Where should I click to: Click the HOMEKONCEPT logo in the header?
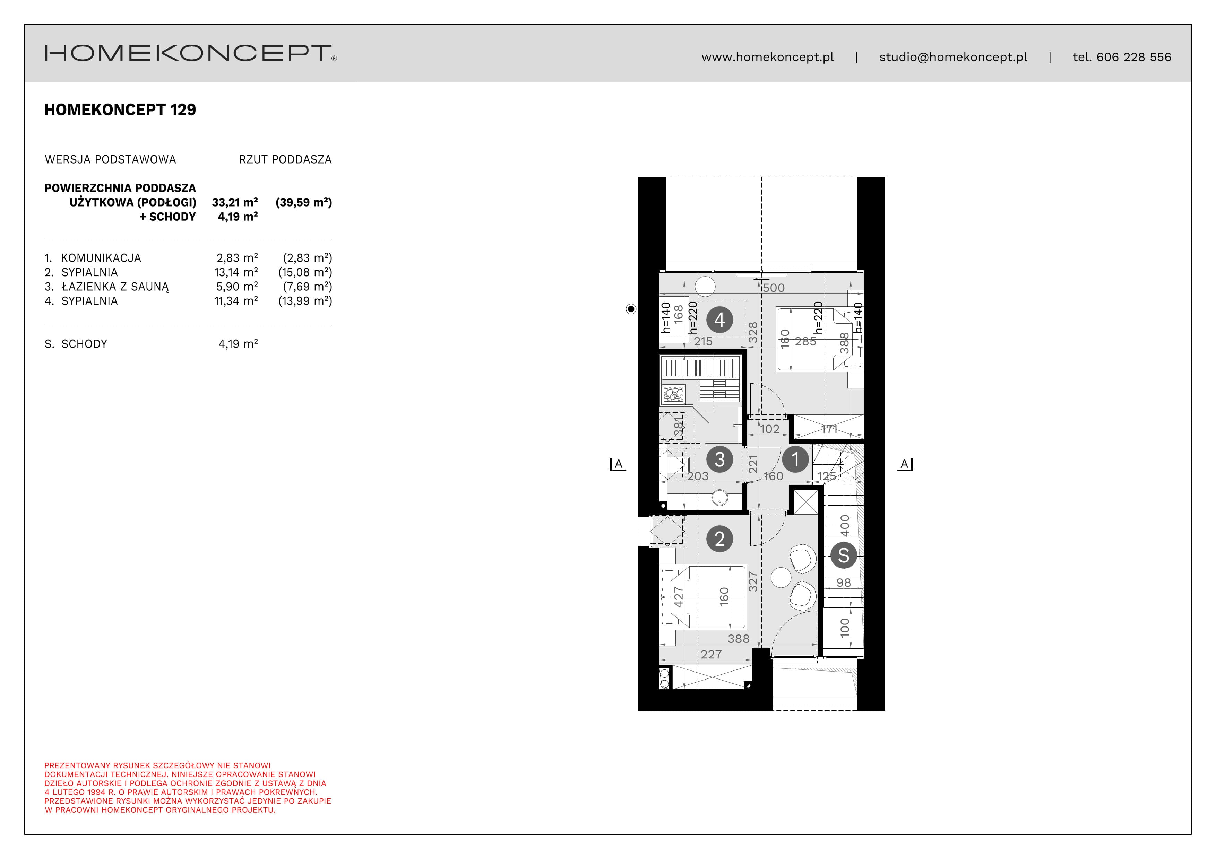tap(191, 53)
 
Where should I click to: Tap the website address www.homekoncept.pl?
tap(767, 57)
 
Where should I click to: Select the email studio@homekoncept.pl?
tap(953, 57)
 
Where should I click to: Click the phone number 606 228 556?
tap(1134, 57)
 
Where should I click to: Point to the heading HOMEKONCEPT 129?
tap(120, 109)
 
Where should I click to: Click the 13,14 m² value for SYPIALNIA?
tap(236, 272)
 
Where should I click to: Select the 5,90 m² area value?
tap(237, 286)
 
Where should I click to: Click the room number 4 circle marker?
tap(719, 320)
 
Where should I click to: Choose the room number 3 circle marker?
tap(719, 459)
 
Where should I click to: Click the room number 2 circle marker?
tap(719, 539)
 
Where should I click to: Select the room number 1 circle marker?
tap(795, 459)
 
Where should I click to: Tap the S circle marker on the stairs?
tap(844, 555)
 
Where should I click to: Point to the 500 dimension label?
tap(774, 288)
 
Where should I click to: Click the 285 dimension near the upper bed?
tap(805, 341)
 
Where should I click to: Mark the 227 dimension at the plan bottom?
tap(711, 655)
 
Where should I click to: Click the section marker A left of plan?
tap(618, 465)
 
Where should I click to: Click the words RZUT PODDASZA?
tap(285, 160)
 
